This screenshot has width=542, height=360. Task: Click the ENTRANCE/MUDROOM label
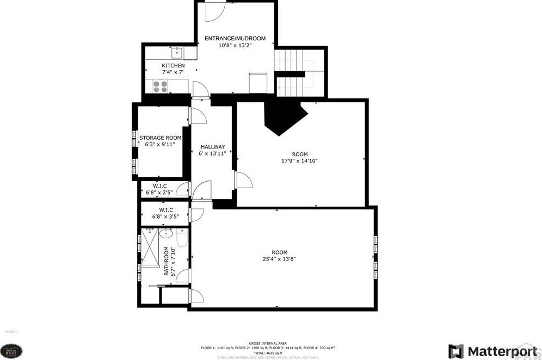235,39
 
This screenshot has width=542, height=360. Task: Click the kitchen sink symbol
176,53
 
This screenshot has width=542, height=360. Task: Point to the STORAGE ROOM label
159,138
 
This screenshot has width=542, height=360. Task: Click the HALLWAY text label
212,147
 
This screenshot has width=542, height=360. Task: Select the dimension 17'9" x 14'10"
299,160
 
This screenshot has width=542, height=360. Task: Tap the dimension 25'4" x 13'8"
280,259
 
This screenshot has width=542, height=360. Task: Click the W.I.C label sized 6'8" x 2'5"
160,186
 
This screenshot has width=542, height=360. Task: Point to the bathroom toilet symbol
182,238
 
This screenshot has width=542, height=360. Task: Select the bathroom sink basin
165,234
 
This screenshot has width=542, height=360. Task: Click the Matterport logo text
498,350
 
